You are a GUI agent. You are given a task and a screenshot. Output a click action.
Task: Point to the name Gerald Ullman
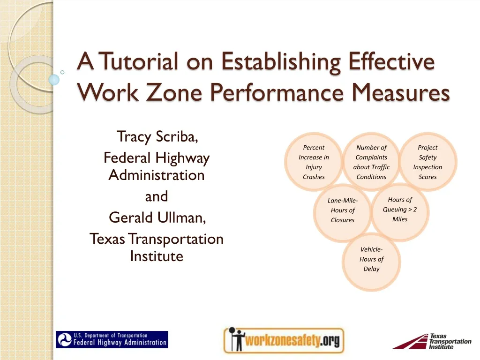click(157, 217)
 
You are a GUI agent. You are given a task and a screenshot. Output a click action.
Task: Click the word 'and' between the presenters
click(157, 196)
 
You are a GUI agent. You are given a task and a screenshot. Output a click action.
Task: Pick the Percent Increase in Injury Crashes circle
click(314, 162)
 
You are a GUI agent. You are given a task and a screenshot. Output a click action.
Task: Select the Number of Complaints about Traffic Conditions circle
click(371, 162)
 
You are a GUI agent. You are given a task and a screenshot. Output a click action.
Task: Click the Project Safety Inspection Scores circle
click(427, 162)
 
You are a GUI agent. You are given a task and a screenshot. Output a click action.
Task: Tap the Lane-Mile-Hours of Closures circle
click(342, 211)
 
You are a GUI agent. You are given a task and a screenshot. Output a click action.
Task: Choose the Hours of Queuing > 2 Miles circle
click(400, 210)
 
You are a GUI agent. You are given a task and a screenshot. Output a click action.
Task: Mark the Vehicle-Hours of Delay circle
click(371, 260)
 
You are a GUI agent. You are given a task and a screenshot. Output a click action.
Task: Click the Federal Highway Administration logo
click(112, 339)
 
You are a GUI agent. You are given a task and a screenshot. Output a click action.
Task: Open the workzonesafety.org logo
click(283, 340)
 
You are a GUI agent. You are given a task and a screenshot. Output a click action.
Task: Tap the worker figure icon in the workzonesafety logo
click(232, 340)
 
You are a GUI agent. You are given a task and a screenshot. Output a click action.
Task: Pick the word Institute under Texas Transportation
click(157, 256)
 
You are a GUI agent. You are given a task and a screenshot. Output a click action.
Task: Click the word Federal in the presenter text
click(128, 158)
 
